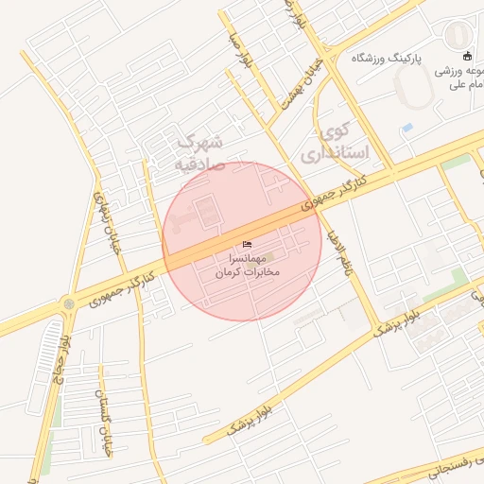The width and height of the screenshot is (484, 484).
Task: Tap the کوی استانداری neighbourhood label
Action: pyautogui.click(x=337, y=140)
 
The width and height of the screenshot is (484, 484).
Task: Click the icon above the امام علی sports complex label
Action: pyautogui.click(x=467, y=56)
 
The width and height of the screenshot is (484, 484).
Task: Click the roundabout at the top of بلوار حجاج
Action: pyautogui.click(x=68, y=304)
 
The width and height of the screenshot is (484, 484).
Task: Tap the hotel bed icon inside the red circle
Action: pyautogui.click(x=249, y=244)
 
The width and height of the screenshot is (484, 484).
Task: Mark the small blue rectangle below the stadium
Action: pyautogui.click(x=407, y=127)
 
